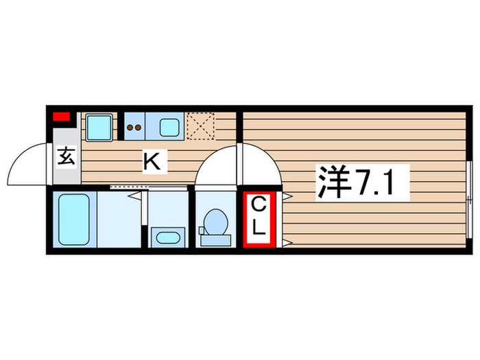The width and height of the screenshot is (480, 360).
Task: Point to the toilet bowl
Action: [x=215, y=221]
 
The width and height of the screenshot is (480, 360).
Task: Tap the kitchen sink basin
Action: [x=169, y=127]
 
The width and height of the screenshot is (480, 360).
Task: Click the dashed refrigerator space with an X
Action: [x=201, y=125]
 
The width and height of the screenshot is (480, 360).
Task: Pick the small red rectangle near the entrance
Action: [x=62, y=115]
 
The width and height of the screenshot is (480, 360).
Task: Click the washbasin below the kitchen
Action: [x=168, y=238]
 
